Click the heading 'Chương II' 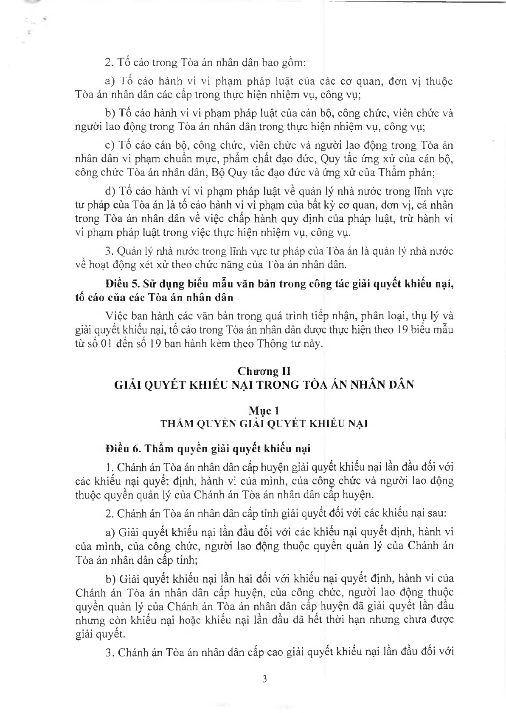tap(264, 371)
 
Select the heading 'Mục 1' tap(264, 410)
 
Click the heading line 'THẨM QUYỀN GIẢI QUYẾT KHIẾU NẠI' tap(264, 423)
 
